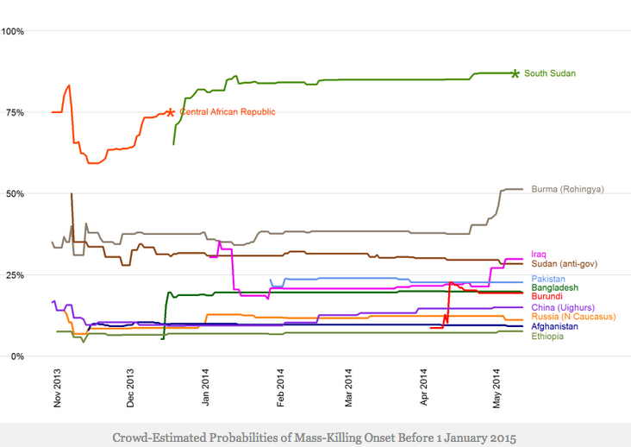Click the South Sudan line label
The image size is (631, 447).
tap(550, 74)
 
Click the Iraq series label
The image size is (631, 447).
tap(539, 255)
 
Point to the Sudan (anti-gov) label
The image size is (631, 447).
tap(565, 264)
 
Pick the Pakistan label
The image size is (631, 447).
tap(549, 280)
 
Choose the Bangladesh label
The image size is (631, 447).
tap(554, 288)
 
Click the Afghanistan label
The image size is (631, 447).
tap(555, 327)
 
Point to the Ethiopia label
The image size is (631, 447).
tap(547, 337)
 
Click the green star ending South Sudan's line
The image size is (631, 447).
tap(515, 74)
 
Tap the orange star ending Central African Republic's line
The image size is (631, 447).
tap(171, 112)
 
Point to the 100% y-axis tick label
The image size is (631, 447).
tap(13, 31)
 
